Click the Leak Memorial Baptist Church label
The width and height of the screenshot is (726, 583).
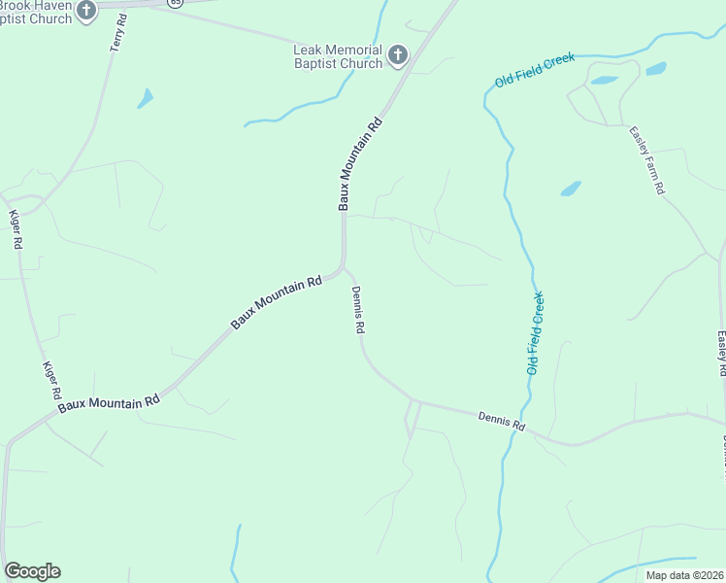click(338, 57)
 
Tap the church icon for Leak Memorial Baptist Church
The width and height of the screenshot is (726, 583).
click(398, 56)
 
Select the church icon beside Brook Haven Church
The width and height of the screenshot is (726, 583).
click(86, 12)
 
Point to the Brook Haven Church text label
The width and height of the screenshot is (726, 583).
click(36, 12)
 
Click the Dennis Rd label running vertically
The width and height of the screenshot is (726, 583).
click(357, 310)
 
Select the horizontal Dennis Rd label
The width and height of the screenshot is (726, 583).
click(501, 421)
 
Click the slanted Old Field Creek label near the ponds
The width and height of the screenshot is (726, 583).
click(535, 71)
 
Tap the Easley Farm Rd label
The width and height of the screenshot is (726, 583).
click(645, 160)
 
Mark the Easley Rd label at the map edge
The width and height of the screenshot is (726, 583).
click(721, 354)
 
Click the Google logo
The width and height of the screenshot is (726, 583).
click(32, 571)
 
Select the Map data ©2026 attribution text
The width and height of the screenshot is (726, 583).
click(684, 575)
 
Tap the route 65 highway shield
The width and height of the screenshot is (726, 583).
click(174, 3)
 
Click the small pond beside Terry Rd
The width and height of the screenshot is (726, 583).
click(146, 98)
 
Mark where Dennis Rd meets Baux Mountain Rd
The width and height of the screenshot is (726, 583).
click(344, 267)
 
